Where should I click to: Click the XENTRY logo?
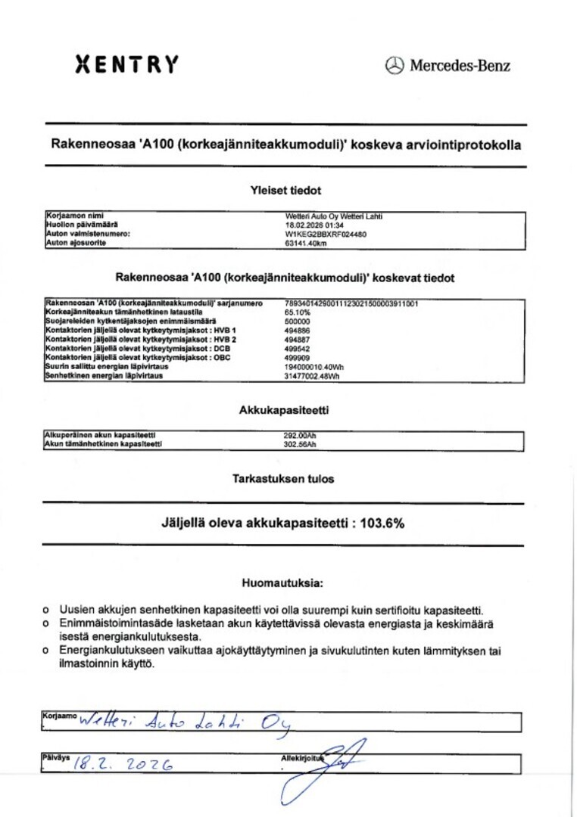[127, 64]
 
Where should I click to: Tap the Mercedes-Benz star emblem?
[395, 66]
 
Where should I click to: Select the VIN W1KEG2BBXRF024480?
[326, 235]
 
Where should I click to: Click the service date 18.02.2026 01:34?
[314, 225]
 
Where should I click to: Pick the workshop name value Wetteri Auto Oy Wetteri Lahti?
[333, 216]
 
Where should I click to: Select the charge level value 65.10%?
[298, 312]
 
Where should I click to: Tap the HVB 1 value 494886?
[296, 331]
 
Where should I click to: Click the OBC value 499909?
[296, 358]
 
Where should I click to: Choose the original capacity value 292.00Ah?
[299, 436]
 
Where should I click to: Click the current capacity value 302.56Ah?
[299, 445]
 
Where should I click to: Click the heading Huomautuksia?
[282, 583]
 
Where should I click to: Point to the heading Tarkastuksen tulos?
[283, 479]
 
